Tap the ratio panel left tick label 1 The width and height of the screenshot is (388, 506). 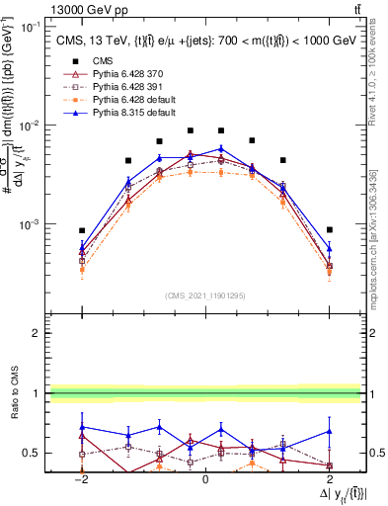click(x=37, y=393)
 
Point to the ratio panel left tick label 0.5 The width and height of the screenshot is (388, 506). click(x=33, y=453)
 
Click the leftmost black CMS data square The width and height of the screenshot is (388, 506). click(x=83, y=230)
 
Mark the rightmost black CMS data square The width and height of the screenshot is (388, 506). click(x=330, y=229)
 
